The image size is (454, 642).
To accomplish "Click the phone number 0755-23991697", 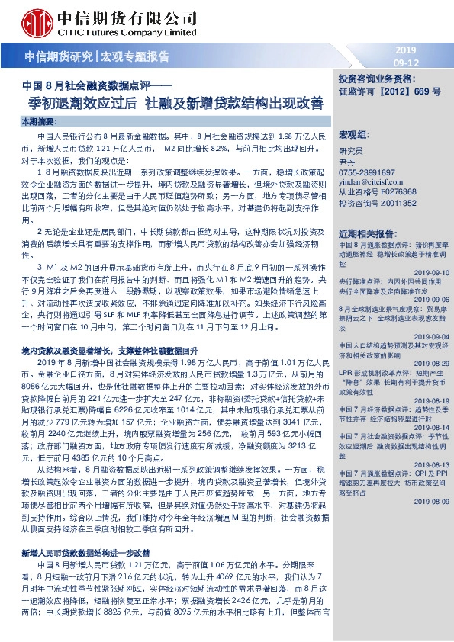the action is click(367, 172).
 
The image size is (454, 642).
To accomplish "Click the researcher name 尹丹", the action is click(348, 162).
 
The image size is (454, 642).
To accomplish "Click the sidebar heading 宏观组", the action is click(353, 133).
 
